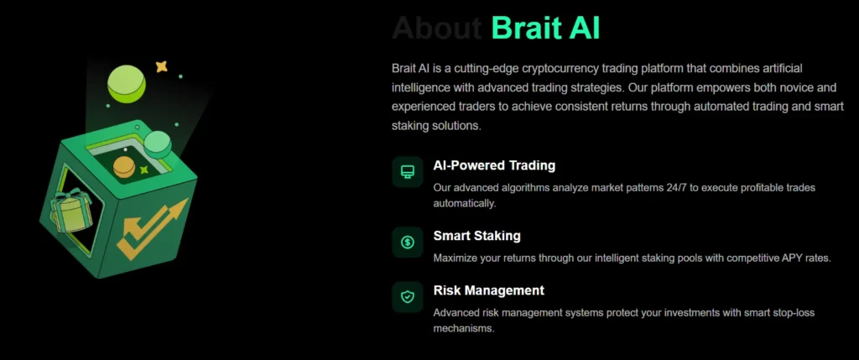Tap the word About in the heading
pos(436,28)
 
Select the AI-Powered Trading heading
pos(494,165)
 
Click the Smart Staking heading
pos(476,236)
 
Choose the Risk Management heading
pos(488,290)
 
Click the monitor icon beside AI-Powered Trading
pos(408,172)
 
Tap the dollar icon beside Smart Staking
pos(408,243)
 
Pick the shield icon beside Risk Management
pos(408,296)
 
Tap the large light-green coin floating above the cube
pos(127,82)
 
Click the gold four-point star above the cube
pos(162,66)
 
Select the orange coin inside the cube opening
pos(124,166)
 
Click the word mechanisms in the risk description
pos(464,328)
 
